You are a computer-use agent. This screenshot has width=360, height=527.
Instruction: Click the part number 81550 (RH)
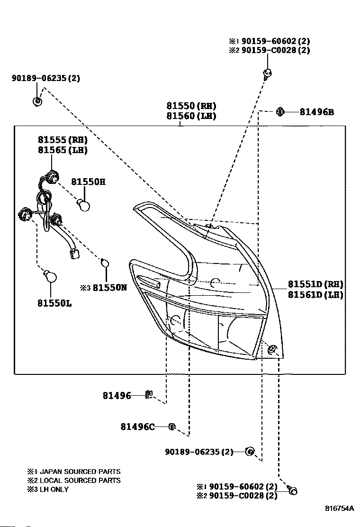191,106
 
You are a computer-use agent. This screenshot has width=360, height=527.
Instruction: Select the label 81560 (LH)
191,116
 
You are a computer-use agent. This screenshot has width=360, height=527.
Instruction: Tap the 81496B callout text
317,112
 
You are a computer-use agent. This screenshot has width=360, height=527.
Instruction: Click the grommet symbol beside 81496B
280,111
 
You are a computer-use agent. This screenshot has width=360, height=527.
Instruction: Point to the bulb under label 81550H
84,205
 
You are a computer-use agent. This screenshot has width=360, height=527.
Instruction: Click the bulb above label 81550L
51,277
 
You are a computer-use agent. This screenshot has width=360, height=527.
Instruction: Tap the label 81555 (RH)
63,140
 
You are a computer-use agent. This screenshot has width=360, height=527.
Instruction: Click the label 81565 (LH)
63,150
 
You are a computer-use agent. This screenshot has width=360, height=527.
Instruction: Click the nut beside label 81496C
171,427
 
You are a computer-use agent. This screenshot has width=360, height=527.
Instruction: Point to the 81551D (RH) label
315,284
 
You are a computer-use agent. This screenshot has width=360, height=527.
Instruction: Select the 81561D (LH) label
315,295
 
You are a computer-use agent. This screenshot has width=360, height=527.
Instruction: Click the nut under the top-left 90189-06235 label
37,101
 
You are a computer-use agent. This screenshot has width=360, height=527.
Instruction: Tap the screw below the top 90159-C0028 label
267,73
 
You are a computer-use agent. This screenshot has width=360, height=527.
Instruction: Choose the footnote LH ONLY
54,490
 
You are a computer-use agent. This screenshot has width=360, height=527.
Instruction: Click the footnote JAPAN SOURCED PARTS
80,472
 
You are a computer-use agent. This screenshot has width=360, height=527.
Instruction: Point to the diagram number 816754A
339,508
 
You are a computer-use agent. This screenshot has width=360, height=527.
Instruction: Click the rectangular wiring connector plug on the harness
74,254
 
